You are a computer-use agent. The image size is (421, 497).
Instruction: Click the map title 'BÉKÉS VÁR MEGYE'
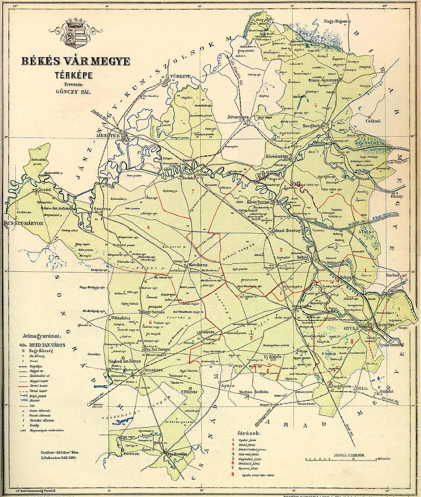click(76, 61)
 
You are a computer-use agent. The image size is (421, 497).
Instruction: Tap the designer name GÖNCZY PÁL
click(73, 92)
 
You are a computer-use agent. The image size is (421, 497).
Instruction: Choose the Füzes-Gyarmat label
click(322, 80)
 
